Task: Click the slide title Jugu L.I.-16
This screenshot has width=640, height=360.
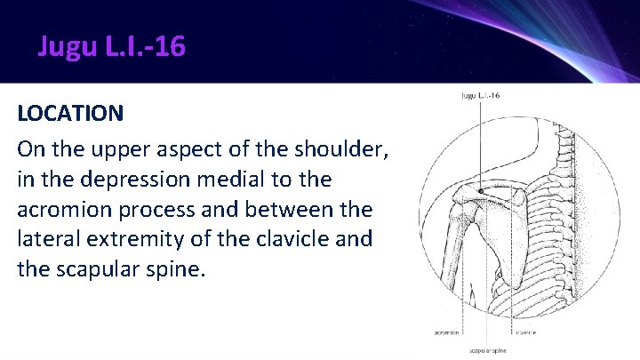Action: point(112,45)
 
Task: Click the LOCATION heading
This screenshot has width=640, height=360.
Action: point(70,114)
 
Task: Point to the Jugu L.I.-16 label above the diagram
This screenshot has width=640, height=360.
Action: point(480,95)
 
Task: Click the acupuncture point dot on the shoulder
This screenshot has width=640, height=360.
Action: point(480,191)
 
